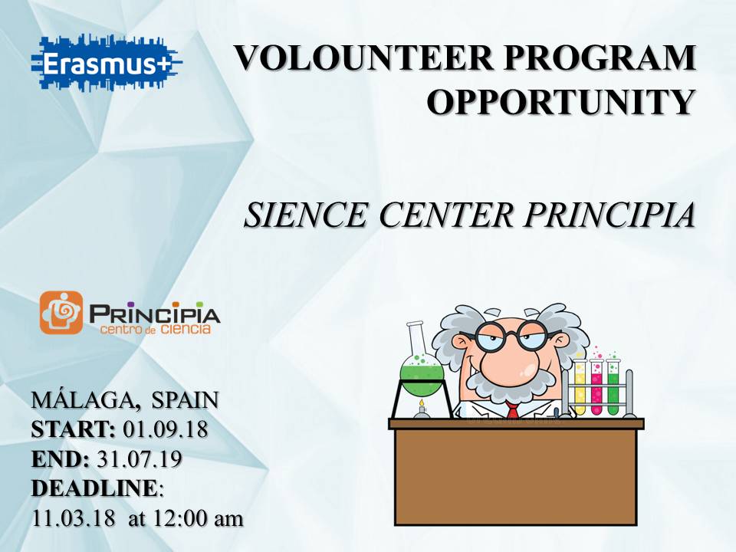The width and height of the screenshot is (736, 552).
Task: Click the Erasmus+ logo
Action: tap(107, 62)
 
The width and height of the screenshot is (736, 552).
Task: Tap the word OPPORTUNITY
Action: tap(561, 101)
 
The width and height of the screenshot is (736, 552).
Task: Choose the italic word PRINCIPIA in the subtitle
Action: tap(609, 215)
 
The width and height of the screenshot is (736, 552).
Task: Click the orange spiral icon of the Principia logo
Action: tap(61, 313)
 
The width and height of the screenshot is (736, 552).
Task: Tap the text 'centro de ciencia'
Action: tap(156, 329)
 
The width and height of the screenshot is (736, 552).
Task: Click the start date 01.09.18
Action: tap(166, 429)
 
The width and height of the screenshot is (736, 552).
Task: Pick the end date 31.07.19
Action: tap(140, 459)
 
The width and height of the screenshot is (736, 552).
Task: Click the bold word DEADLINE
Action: tap(94, 488)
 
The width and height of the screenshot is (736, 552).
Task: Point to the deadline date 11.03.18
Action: tap(74, 519)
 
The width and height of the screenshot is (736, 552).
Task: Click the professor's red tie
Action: tap(512, 409)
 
